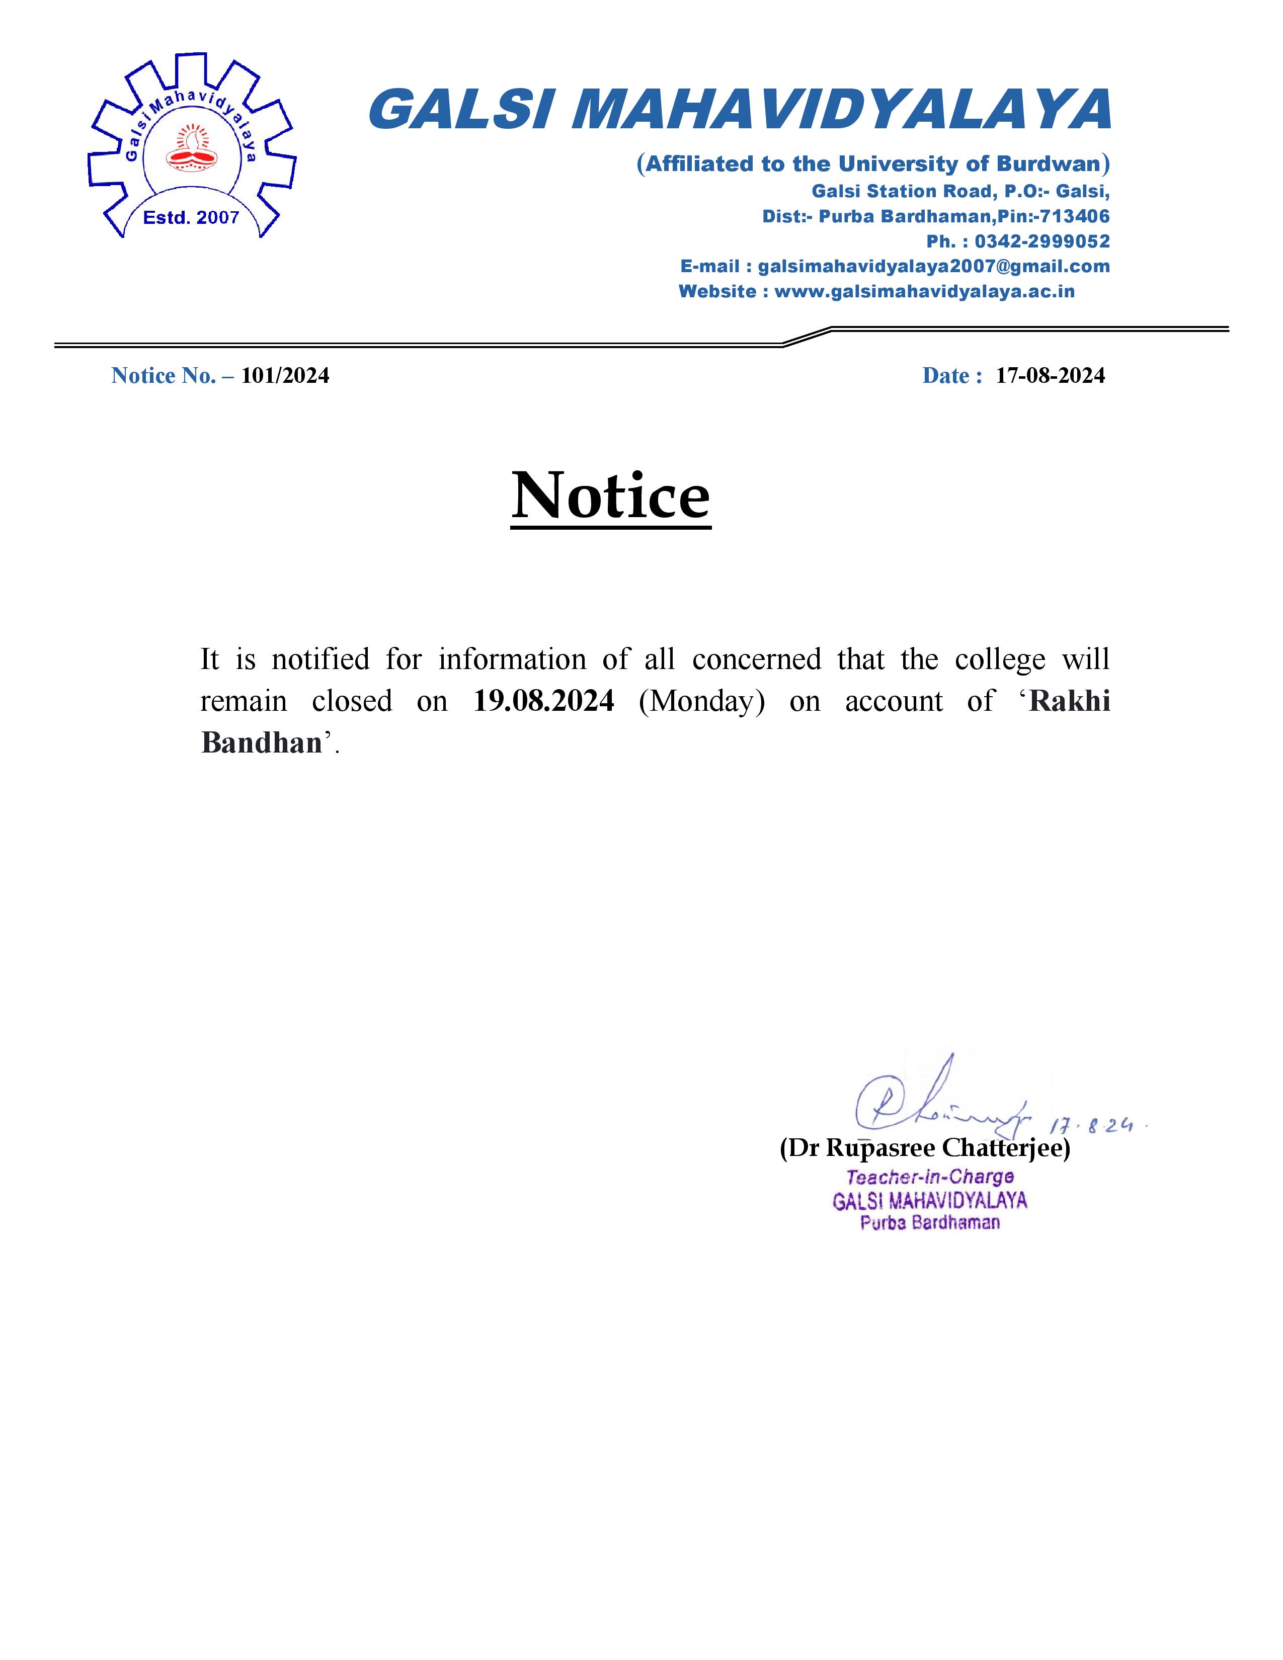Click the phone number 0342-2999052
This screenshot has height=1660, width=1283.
tap(1042, 241)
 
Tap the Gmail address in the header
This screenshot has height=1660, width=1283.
tap(933, 267)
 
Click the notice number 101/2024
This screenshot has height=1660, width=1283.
tap(285, 375)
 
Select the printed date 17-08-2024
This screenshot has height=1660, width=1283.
tap(1051, 375)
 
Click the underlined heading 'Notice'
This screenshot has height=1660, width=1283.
tap(610, 495)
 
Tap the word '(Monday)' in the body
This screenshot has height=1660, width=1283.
tap(701, 701)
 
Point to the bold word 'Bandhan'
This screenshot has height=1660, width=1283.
tap(262, 742)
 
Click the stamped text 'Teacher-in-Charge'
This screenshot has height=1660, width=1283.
tap(930, 1178)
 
